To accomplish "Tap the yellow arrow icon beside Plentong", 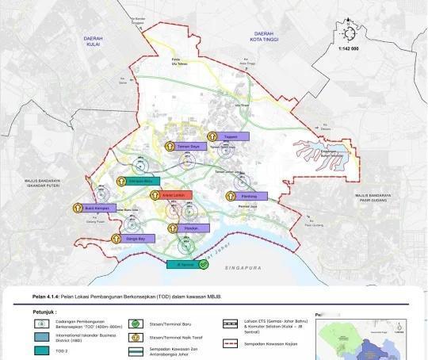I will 231,195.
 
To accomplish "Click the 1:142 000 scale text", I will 348,49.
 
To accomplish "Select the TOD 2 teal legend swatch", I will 37,350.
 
